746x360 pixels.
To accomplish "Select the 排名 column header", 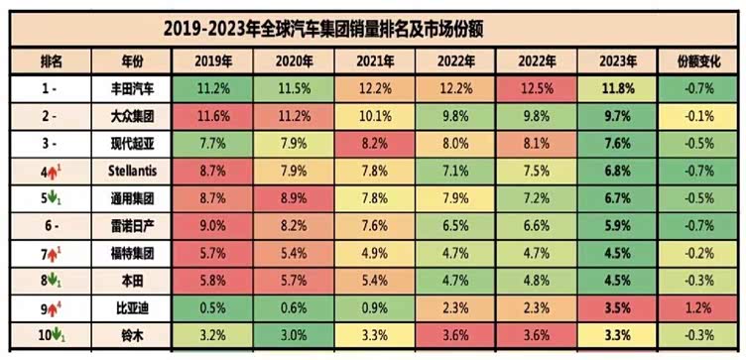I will (x=52, y=60).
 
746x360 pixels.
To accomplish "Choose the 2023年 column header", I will (x=619, y=60).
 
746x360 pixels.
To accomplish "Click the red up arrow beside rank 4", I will (x=46, y=172).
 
